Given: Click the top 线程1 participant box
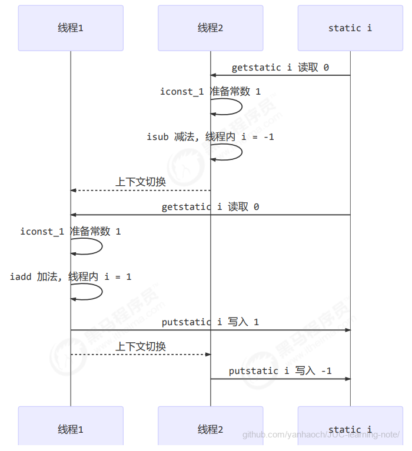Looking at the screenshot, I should pos(71,28).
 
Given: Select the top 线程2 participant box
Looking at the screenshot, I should pos(210,28).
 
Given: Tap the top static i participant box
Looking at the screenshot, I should pos(350,28).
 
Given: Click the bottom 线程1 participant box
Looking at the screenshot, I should pos(71,429).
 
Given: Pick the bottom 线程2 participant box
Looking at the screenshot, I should pos(210,429).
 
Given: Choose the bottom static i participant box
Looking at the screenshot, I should pos(350,429).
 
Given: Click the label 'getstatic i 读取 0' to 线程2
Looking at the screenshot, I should pos(280,68).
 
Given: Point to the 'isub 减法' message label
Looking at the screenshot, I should pos(210,137).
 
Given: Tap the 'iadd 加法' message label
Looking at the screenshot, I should pos(71,276).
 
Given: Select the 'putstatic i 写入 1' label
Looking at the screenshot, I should pos(210,322).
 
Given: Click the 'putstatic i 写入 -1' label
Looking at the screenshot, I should pos(280,370).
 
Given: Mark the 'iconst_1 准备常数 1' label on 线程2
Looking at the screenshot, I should pos(210,92).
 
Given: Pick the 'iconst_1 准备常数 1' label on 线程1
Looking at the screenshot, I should pos(71,232).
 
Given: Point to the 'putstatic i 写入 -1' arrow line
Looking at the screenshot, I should pos(280,379).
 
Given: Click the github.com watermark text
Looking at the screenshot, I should pos(321,435).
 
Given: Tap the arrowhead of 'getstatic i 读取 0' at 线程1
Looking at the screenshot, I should pos(74,215).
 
